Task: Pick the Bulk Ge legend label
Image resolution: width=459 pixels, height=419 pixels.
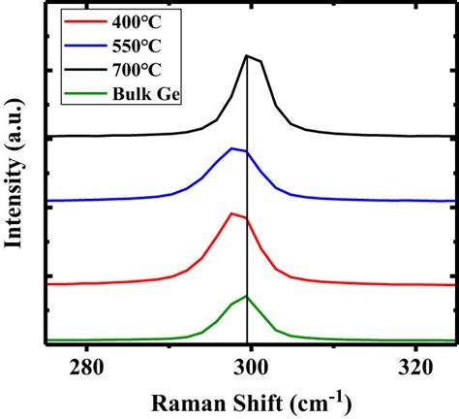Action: (x=134, y=90)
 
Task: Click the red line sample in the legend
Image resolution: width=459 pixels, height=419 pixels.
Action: (x=76, y=21)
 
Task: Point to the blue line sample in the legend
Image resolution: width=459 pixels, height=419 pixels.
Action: (x=76, y=44)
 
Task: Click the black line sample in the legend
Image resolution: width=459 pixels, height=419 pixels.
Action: (x=76, y=67)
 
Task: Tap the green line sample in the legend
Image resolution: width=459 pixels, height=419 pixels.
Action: (x=76, y=90)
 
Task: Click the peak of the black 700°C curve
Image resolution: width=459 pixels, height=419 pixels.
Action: (x=247, y=56)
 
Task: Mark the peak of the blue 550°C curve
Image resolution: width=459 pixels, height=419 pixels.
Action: (x=231, y=148)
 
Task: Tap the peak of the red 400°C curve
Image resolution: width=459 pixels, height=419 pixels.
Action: (x=231, y=213)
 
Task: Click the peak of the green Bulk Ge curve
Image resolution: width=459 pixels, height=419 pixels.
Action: (x=248, y=296)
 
